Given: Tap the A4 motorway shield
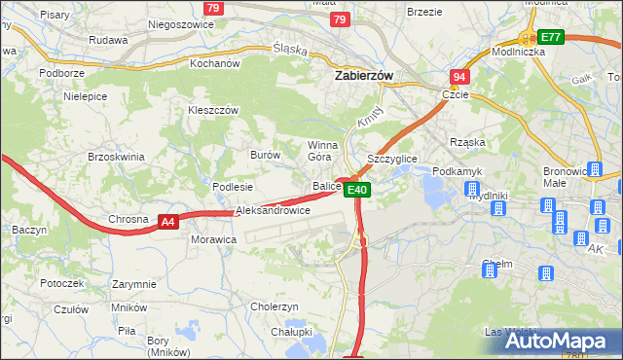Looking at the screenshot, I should click(168, 222).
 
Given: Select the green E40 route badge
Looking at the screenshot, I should click(357, 190).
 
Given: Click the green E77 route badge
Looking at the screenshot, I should click(552, 37).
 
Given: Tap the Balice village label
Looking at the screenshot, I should click(325, 185).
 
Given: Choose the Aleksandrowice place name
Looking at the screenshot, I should click(273, 210).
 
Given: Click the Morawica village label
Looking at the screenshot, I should click(214, 238).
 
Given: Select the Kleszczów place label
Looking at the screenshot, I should click(213, 111).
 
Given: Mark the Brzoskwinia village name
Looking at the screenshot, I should click(116, 157).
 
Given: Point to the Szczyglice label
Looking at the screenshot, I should click(391, 159).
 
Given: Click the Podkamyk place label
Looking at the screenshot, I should click(456, 171).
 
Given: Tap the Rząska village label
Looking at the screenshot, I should click(467, 142).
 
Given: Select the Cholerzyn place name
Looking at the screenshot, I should click(274, 306).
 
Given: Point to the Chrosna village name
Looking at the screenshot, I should click(128, 220).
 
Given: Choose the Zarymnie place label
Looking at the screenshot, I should click(133, 284).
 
